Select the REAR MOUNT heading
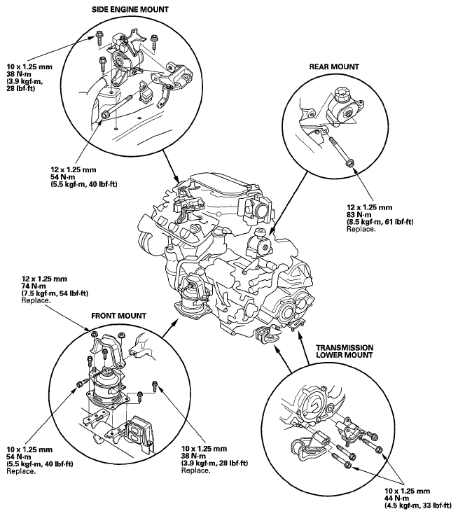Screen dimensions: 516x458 [334, 67]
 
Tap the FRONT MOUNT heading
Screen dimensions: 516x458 [118, 316]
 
